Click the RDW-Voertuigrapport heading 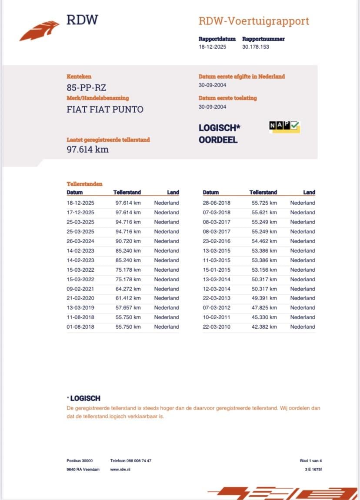pos(253,21)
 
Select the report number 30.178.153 pos(256,47)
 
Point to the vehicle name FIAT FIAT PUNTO pos(105,109)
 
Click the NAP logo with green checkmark pos(284,126)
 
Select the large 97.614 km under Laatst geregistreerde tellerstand pos(87,150)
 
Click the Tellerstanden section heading pos(84,184)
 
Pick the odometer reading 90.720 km pos(128,241)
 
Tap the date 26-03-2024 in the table pos(80,241)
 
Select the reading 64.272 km pos(128,289)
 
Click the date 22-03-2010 pos(217,327)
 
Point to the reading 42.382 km pos(264,327)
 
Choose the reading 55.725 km pos(264,203)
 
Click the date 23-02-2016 pos(217,241)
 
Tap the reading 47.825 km pos(264,307)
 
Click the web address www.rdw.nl pos(120,470)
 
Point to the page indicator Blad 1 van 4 pos(311,460)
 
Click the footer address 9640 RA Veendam pos(80,470)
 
